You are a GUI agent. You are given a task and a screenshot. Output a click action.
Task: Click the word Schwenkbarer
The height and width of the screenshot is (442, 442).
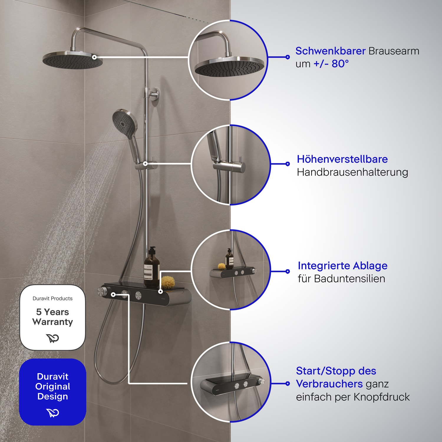point(330,51)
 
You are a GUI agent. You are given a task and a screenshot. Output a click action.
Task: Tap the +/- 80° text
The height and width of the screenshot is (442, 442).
point(331,64)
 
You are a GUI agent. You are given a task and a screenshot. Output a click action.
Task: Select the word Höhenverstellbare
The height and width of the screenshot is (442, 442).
point(342,159)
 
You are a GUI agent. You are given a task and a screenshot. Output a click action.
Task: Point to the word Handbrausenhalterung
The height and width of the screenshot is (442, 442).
point(352,172)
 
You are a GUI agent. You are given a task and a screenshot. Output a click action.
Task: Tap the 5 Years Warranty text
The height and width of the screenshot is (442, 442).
point(53,317)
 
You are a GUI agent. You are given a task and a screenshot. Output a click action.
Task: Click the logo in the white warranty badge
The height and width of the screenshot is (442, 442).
point(53,338)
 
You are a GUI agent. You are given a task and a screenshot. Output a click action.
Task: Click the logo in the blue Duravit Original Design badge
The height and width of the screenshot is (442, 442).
point(53,413)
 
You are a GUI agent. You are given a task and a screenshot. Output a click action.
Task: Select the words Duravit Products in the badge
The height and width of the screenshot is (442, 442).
point(52,298)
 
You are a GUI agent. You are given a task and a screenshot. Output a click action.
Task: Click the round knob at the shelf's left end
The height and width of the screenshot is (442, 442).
point(103,291)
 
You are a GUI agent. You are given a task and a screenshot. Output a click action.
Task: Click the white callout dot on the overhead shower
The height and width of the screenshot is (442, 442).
point(94,57)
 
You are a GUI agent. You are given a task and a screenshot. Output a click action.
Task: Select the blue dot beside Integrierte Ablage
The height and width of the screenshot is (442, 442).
point(288,271)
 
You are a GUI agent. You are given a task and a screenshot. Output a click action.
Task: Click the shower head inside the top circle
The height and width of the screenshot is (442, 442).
point(230,67)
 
